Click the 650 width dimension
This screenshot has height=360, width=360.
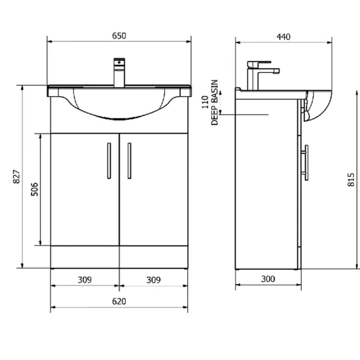click(119, 36)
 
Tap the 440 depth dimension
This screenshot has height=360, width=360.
click(283, 37)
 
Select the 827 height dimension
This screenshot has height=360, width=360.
click(16, 177)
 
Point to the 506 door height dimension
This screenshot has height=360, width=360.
click(35, 189)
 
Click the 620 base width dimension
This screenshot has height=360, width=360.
click(119, 301)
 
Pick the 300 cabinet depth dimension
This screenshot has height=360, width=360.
click(268, 279)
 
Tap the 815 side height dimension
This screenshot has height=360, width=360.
click(351, 179)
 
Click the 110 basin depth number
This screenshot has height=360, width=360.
click(205, 102)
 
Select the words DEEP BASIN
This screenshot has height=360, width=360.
click(214, 102)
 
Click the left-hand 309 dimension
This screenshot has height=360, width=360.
click(84, 280)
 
